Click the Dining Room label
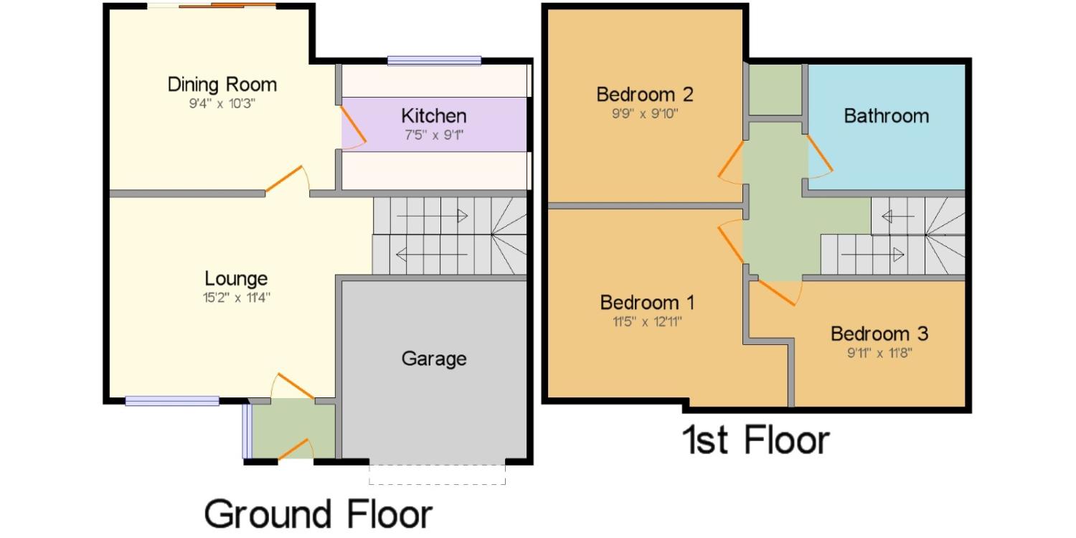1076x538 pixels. tap(222, 85)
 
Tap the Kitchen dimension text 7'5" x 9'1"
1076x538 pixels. tap(434, 135)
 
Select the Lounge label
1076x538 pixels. tap(236, 278)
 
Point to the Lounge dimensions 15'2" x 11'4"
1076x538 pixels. tap(236, 298)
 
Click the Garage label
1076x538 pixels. tap(434, 359)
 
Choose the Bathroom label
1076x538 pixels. tap(886, 116)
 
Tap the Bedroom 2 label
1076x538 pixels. tap(645, 95)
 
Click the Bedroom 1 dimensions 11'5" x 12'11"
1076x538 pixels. tap(647, 321)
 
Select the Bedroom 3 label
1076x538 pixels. tap(879, 334)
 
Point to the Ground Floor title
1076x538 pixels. tap(318, 514)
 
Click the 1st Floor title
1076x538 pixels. tap(755, 440)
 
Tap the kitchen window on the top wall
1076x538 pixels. tap(434, 60)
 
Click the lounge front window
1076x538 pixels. tap(172, 400)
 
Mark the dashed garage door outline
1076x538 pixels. tap(437, 475)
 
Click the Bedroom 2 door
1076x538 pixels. tap(731, 161)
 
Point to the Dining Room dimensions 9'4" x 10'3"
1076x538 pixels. tap(222, 104)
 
